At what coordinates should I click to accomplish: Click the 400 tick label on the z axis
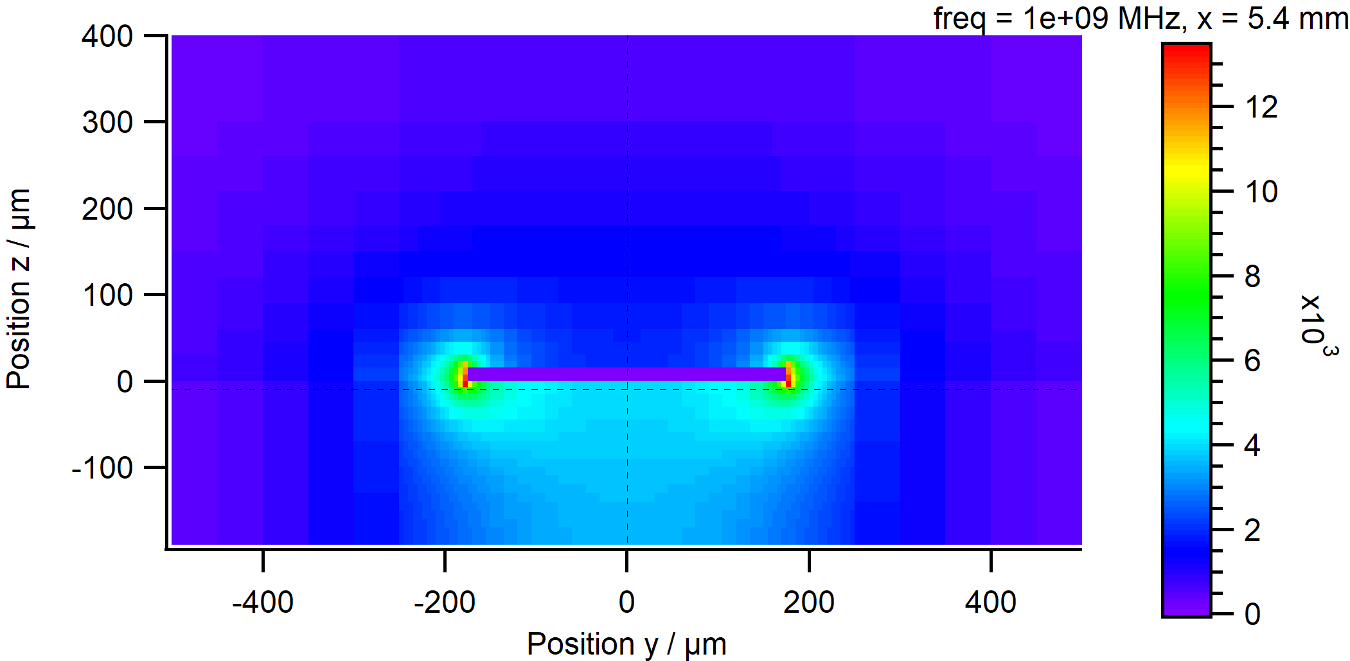point(107,37)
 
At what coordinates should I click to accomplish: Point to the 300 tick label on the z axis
point(107,122)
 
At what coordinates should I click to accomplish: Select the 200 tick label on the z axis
point(107,209)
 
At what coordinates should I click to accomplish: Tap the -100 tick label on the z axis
point(102,468)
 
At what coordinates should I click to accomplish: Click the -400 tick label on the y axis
point(262,603)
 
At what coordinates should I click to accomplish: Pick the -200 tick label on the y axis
point(444,603)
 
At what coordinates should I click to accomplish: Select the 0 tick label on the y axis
point(626,603)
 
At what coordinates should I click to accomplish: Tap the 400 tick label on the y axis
point(990,603)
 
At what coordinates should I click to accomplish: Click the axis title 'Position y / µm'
point(626,644)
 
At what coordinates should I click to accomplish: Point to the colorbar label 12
point(1261,107)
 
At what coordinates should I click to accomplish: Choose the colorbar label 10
point(1261,191)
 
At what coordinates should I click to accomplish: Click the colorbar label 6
point(1252,361)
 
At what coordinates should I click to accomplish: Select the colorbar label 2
point(1252,531)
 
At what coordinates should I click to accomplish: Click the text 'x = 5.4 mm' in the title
point(1272,18)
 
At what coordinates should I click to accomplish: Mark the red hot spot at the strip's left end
point(465,375)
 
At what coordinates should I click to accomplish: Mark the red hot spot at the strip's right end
point(789,375)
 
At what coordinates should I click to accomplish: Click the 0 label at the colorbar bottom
point(1252,615)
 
